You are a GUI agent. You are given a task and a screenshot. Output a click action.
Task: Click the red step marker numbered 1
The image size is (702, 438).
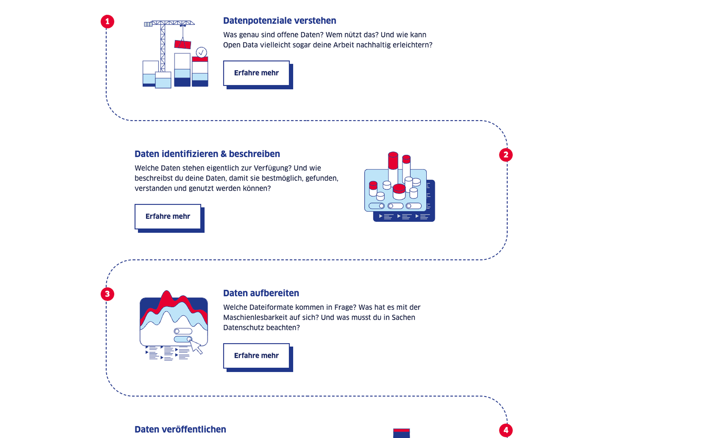tap(107, 21)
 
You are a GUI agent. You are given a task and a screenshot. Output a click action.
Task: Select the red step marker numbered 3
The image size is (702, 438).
tap(107, 294)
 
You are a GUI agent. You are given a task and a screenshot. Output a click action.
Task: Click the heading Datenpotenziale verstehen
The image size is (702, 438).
tap(280, 21)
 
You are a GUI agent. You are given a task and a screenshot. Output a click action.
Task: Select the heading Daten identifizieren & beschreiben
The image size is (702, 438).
tap(207, 154)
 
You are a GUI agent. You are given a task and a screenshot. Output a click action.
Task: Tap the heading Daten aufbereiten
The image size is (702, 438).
tap(261, 293)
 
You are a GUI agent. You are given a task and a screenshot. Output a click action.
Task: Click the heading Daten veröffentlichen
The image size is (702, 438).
tap(180, 429)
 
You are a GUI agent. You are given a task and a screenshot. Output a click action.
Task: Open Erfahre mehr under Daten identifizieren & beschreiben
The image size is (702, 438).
tap(168, 216)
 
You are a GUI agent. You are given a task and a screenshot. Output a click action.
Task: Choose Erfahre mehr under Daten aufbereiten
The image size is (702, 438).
tap(256, 356)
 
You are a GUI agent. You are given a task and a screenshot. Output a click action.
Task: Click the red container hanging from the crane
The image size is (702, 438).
tap(183, 44)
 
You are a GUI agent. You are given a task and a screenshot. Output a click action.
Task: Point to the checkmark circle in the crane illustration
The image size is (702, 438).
tap(201, 52)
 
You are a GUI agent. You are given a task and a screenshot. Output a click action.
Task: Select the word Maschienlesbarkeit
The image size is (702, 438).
tap(258, 318)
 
